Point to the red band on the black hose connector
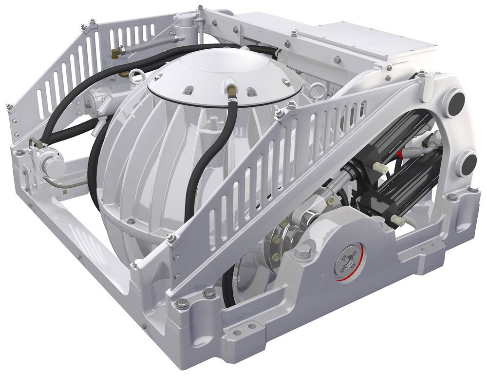[x=401, y=154]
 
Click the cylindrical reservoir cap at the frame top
[x=184, y=20]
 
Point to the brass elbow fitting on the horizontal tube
[x=117, y=51]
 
